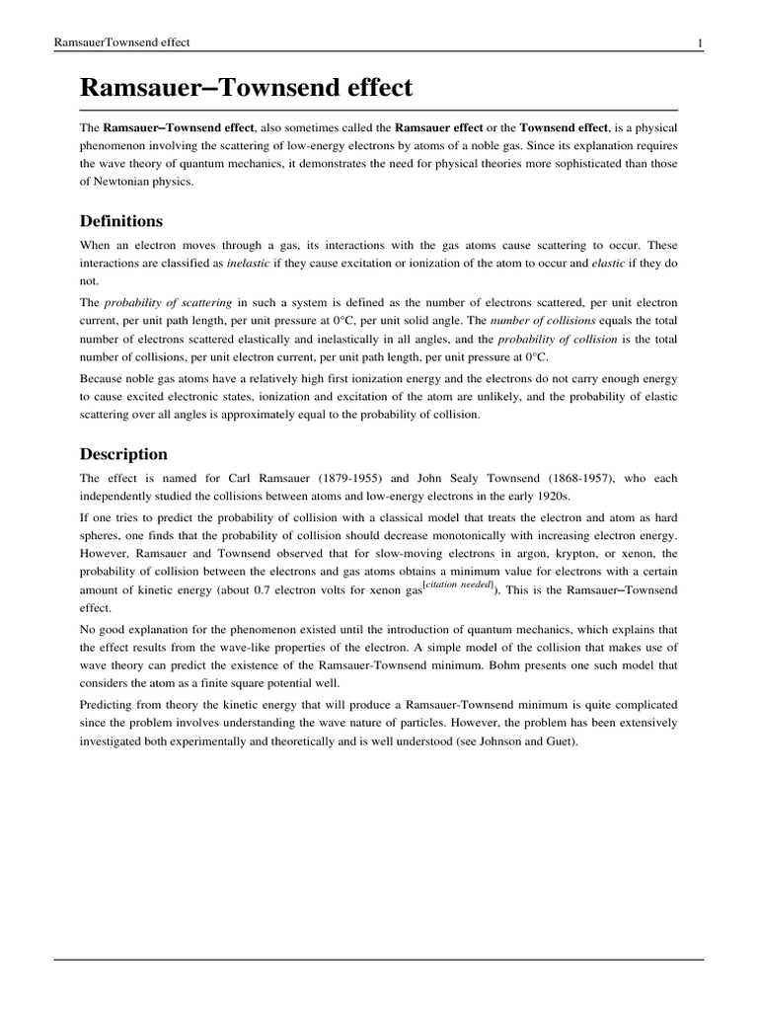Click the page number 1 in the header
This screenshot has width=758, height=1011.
[x=700, y=42]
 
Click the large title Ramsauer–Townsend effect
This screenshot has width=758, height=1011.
[x=246, y=88]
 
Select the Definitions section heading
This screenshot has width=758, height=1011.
[x=121, y=220]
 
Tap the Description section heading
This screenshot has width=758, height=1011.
[x=123, y=454]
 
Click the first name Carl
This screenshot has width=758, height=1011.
[x=249, y=479]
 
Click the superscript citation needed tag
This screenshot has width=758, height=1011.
[x=455, y=586]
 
